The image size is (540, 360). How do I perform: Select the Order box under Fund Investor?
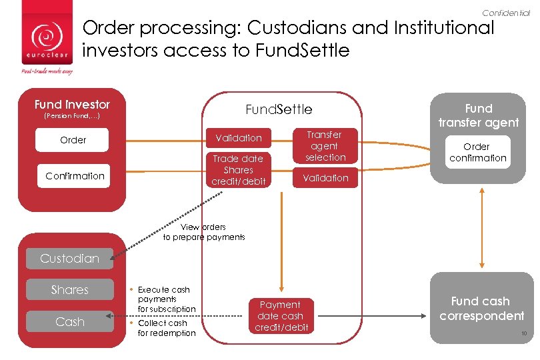[x=73, y=140]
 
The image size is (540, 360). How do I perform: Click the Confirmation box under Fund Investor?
[x=75, y=176]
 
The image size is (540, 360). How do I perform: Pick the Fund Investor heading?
[x=72, y=105]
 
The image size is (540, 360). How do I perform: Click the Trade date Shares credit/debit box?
[x=238, y=170]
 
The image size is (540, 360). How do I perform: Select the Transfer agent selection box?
[x=325, y=146]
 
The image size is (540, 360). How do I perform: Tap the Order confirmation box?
[x=477, y=152]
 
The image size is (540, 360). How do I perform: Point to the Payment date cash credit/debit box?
[x=281, y=316]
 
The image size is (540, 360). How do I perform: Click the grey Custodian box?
[x=69, y=259]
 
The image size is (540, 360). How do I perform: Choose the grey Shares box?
[x=69, y=290]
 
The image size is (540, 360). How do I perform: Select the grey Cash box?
[x=69, y=322]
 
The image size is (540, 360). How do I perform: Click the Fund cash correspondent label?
[x=481, y=309]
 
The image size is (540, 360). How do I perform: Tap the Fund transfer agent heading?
[x=478, y=115]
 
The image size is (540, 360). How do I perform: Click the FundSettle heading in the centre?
[x=279, y=109]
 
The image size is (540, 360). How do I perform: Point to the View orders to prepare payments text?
[x=204, y=232]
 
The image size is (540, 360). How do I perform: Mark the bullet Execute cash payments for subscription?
[x=165, y=299]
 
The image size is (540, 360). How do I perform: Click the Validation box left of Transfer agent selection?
[x=238, y=138]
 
